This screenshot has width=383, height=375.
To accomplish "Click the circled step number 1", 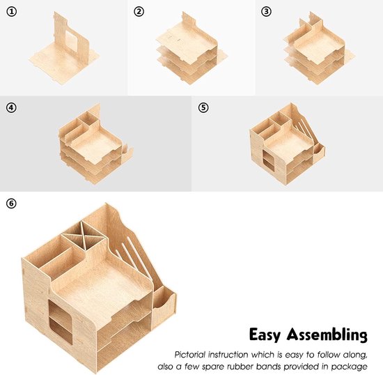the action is point(11,11).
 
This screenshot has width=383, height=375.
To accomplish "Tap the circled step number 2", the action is point(139,11).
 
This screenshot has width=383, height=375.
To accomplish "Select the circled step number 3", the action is point(266,11).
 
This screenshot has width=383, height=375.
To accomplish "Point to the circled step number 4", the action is point(11,107).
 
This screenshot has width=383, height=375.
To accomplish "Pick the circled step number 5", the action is point(203,107).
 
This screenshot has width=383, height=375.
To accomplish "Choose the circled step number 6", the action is point(11,204).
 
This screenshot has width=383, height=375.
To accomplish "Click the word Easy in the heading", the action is point(265,335).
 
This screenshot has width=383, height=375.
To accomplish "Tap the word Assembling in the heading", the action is point(327,335).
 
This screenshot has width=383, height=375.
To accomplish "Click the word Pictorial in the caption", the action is point(190,355).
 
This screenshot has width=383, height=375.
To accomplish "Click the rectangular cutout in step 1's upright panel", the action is point(72,41).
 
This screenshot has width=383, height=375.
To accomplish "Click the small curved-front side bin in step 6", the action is point(164,306).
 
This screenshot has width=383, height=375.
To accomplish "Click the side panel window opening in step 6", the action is point(61,322).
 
